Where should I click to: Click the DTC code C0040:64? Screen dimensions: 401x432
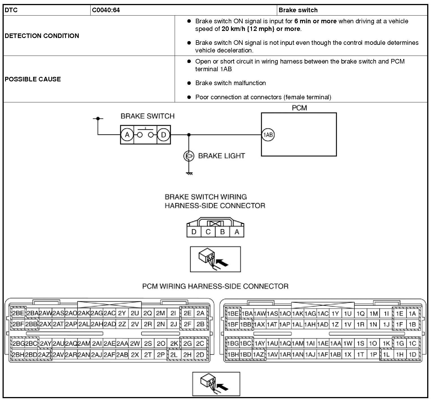point(106,10)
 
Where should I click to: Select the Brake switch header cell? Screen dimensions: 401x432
point(298,10)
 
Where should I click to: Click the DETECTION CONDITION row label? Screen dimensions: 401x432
point(42,36)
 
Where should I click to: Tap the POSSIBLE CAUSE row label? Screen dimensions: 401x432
point(33,79)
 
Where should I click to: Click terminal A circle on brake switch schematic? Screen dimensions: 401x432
point(127,135)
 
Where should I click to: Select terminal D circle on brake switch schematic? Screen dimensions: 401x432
point(163,135)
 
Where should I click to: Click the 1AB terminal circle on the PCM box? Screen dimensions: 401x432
point(268,135)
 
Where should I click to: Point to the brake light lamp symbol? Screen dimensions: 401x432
point(189,156)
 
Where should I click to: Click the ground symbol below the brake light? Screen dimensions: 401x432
point(189,173)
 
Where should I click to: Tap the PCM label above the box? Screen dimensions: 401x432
point(299,108)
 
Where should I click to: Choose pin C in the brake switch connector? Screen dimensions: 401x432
point(208,232)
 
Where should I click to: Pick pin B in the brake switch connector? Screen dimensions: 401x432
point(223,232)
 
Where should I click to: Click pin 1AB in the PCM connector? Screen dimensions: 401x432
point(335,354)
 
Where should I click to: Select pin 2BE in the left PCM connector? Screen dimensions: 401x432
point(18,313)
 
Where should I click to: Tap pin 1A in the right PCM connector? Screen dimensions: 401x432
point(412,313)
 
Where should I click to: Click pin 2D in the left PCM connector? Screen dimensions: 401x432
point(200,354)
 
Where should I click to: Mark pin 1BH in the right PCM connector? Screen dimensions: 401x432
point(233,354)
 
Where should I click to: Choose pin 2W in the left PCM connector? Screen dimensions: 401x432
point(135,343)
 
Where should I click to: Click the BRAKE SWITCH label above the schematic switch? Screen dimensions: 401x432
point(147,116)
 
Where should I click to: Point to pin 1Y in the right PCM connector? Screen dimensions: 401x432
point(335,313)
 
